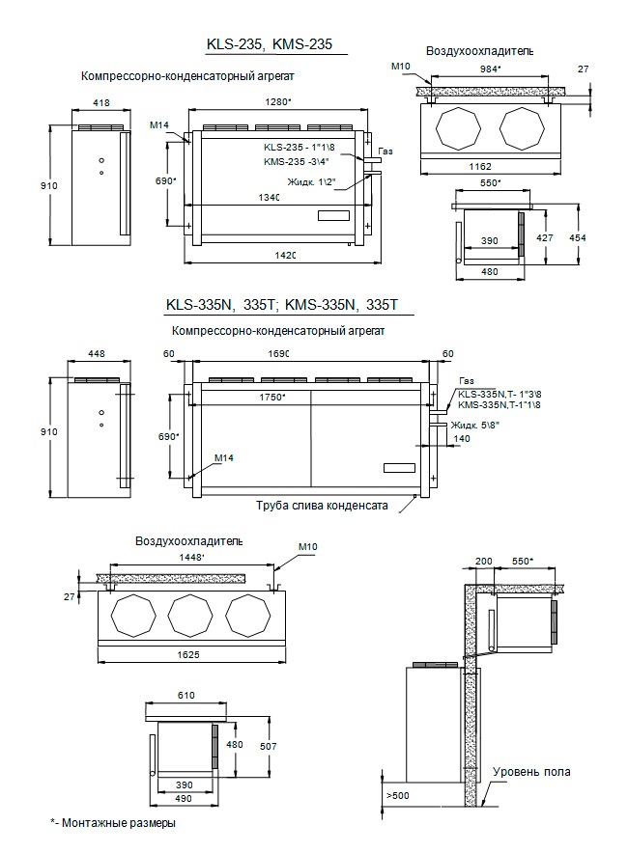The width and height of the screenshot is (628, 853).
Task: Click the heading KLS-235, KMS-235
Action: (275, 44)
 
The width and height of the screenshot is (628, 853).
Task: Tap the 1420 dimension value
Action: (284, 255)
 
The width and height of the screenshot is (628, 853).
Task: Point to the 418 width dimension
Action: (100, 101)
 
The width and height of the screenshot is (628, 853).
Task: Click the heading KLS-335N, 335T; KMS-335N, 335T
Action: (282, 305)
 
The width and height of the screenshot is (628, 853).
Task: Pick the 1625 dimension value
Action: (189, 654)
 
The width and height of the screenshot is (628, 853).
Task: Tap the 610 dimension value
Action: (186, 694)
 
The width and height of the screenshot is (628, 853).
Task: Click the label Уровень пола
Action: (531, 772)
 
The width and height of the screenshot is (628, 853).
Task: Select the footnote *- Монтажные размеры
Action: (114, 823)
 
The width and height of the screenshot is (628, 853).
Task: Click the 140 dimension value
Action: (437, 438)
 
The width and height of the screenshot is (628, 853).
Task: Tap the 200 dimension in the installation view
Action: (484, 560)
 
